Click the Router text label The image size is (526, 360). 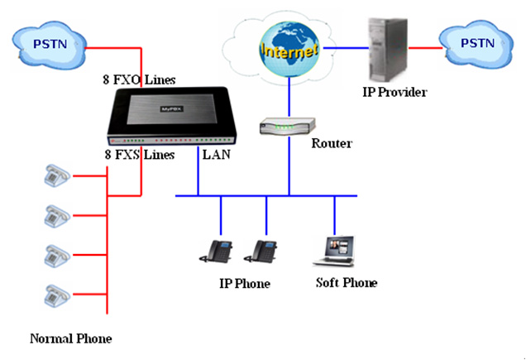click(332, 143)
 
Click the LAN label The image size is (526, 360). click(217, 154)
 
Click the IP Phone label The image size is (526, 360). click(244, 284)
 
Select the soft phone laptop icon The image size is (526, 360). click(335, 251)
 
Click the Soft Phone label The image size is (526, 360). click(346, 283)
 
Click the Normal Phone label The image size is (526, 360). click(70, 338)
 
